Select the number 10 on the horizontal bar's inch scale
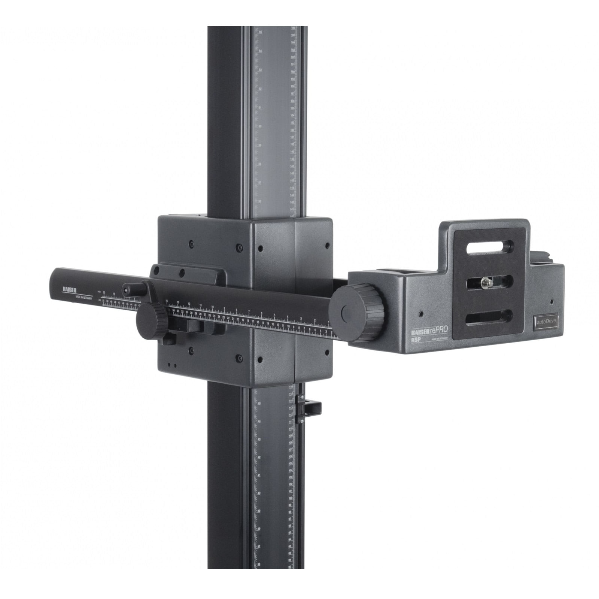point(213,307)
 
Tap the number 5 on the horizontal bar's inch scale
point(274,315)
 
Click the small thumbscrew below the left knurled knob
point(170,340)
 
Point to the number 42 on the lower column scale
point(259,458)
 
